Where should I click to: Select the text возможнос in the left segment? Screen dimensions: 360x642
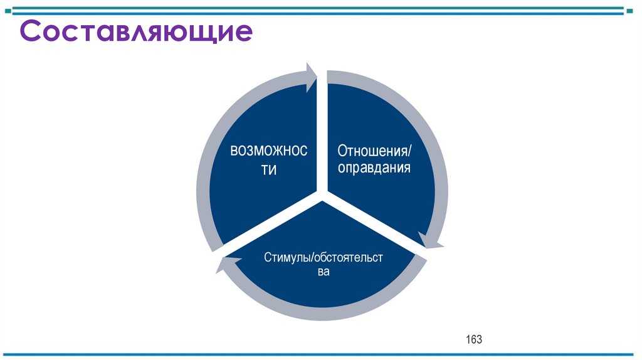point(268,151)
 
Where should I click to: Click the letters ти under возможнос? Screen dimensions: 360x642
point(268,171)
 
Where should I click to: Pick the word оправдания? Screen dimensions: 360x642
point(374,168)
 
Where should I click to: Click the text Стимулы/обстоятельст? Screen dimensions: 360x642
point(323,257)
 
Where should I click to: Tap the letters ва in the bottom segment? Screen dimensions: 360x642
point(323,272)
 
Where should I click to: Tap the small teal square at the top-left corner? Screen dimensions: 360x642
point(8,10)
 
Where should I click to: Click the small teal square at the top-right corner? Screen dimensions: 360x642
point(634,10)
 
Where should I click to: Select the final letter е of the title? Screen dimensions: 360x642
point(244,33)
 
